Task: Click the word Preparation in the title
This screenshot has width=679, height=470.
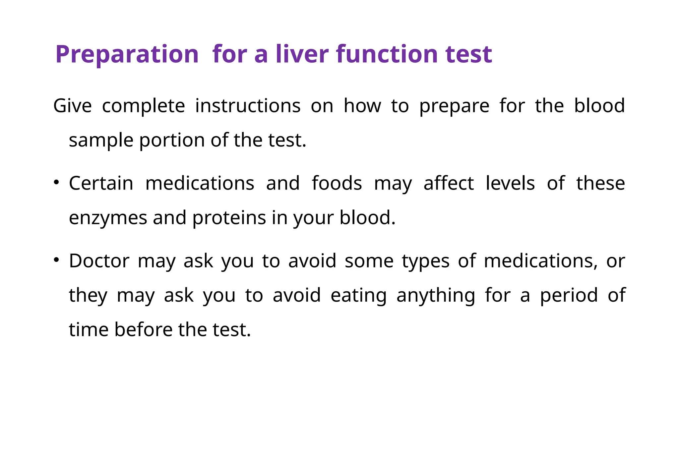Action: click(127, 54)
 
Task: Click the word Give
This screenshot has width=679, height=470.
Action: click(72, 106)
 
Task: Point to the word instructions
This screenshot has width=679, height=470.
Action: click(248, 106)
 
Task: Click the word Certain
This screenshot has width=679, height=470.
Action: click(101, 183)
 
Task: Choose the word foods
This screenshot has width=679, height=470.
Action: click(337, 183)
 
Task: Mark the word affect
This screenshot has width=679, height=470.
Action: click(449, 183)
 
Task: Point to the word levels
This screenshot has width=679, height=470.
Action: click(510, 183)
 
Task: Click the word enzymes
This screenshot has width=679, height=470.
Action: click(108, 218)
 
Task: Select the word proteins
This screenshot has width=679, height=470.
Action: click(229, 218)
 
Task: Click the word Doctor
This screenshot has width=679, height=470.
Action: click(99, 261)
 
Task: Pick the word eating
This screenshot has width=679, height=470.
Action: click(359, 295)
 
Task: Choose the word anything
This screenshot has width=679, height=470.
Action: click(436, 296)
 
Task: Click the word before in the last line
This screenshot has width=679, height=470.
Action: click(143, 330)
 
